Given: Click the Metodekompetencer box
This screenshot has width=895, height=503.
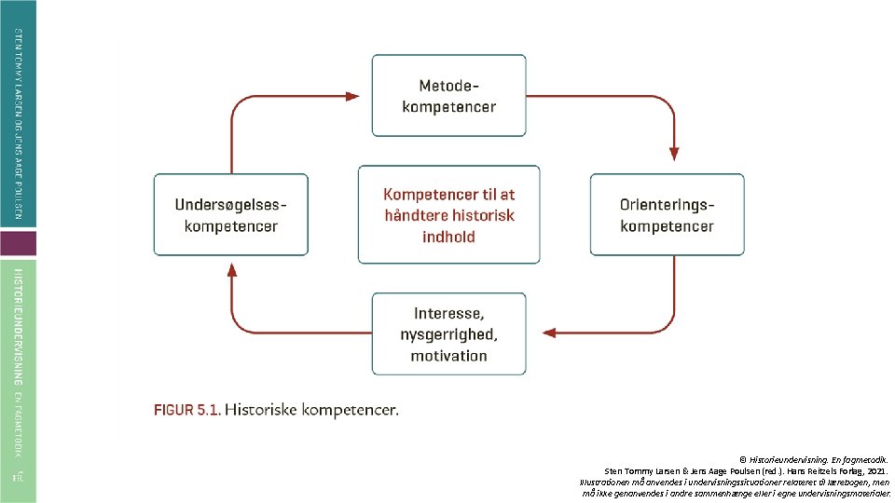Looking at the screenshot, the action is [448, 95].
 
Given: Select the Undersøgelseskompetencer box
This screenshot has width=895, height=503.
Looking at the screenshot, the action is [230, 214].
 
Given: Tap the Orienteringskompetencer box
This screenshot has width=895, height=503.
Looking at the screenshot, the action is [667, 214].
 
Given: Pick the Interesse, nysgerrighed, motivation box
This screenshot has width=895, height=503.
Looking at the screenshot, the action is [448, 333].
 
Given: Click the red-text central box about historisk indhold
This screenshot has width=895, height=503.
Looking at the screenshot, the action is [448, 215].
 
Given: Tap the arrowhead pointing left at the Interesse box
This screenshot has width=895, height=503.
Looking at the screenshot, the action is [549, 333].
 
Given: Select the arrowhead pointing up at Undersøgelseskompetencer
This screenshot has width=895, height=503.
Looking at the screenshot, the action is [230, 271].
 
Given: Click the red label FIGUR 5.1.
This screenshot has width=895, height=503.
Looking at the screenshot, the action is [186, 409].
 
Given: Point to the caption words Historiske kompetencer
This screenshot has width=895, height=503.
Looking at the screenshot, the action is [311, 409].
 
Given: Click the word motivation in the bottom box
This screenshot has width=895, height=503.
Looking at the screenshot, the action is [448, 356].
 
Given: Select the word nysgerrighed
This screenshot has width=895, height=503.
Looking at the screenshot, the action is [448, 333].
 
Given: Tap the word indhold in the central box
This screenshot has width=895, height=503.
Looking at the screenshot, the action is [448, 237].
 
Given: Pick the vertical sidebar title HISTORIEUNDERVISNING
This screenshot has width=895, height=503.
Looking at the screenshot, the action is [19, 326].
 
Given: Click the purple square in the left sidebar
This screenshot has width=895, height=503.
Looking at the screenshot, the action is [19, 244].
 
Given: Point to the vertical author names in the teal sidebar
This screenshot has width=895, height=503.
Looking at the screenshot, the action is [19, 126].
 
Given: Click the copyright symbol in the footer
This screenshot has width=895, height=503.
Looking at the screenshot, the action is [743, 459].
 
